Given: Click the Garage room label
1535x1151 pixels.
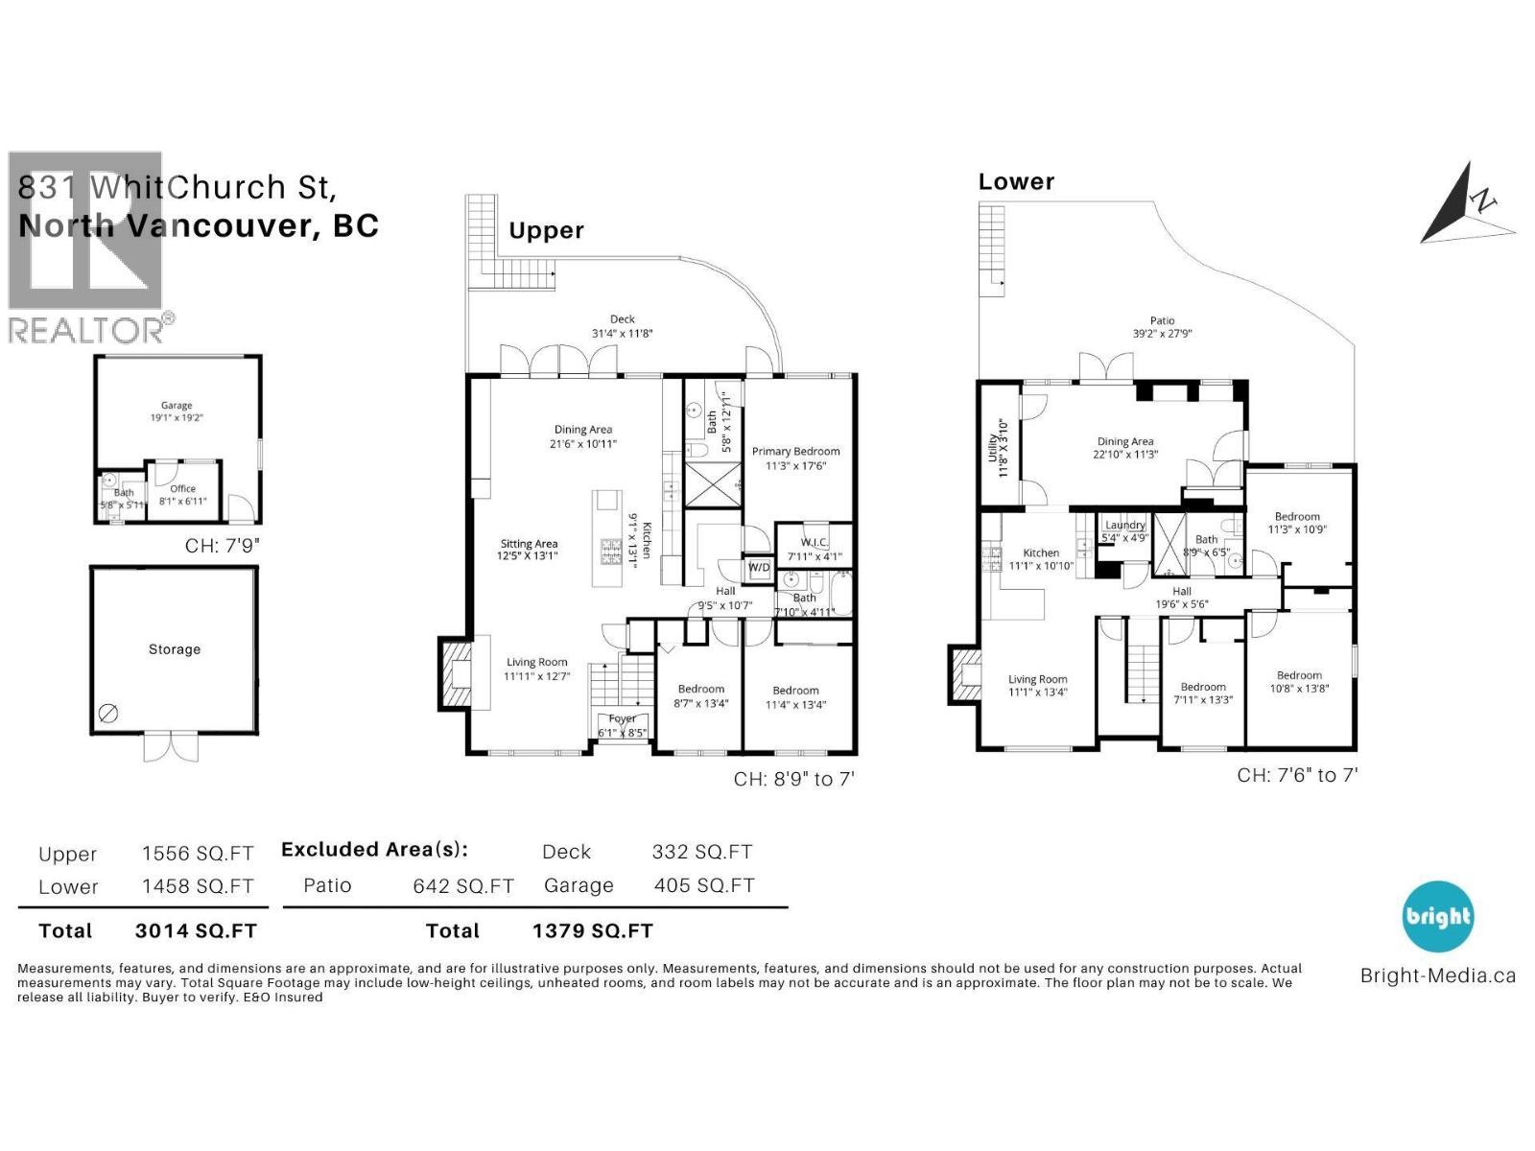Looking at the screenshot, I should point(177,406).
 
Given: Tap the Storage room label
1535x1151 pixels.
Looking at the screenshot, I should point(175,649).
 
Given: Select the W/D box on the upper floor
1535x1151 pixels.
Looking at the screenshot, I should point(758,567).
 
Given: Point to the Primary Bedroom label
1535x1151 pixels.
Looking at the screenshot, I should point(795,452).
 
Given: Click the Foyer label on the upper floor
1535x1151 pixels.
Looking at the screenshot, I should point(622,718).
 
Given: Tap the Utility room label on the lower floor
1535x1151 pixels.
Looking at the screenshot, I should point(994,448).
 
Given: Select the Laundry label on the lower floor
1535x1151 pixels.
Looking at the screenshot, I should point(1124,525).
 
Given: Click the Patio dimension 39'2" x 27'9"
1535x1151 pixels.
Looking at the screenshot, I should point(1162,334).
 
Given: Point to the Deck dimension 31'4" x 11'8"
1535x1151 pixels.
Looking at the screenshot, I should point(622,334).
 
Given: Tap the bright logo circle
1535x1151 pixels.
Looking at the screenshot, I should point(1437,916).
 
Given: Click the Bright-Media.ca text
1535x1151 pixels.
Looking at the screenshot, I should point(1437,976).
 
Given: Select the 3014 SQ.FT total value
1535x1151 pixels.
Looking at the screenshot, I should point(196,930).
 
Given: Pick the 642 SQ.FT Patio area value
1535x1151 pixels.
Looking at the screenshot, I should point(463,886).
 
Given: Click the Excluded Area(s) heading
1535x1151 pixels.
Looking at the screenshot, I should point(374,850).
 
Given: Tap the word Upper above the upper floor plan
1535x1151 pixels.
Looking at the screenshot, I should point(546,230).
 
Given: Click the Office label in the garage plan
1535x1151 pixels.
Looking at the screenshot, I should point(182,488).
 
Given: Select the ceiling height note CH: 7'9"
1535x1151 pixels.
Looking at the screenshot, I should point(222,546).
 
